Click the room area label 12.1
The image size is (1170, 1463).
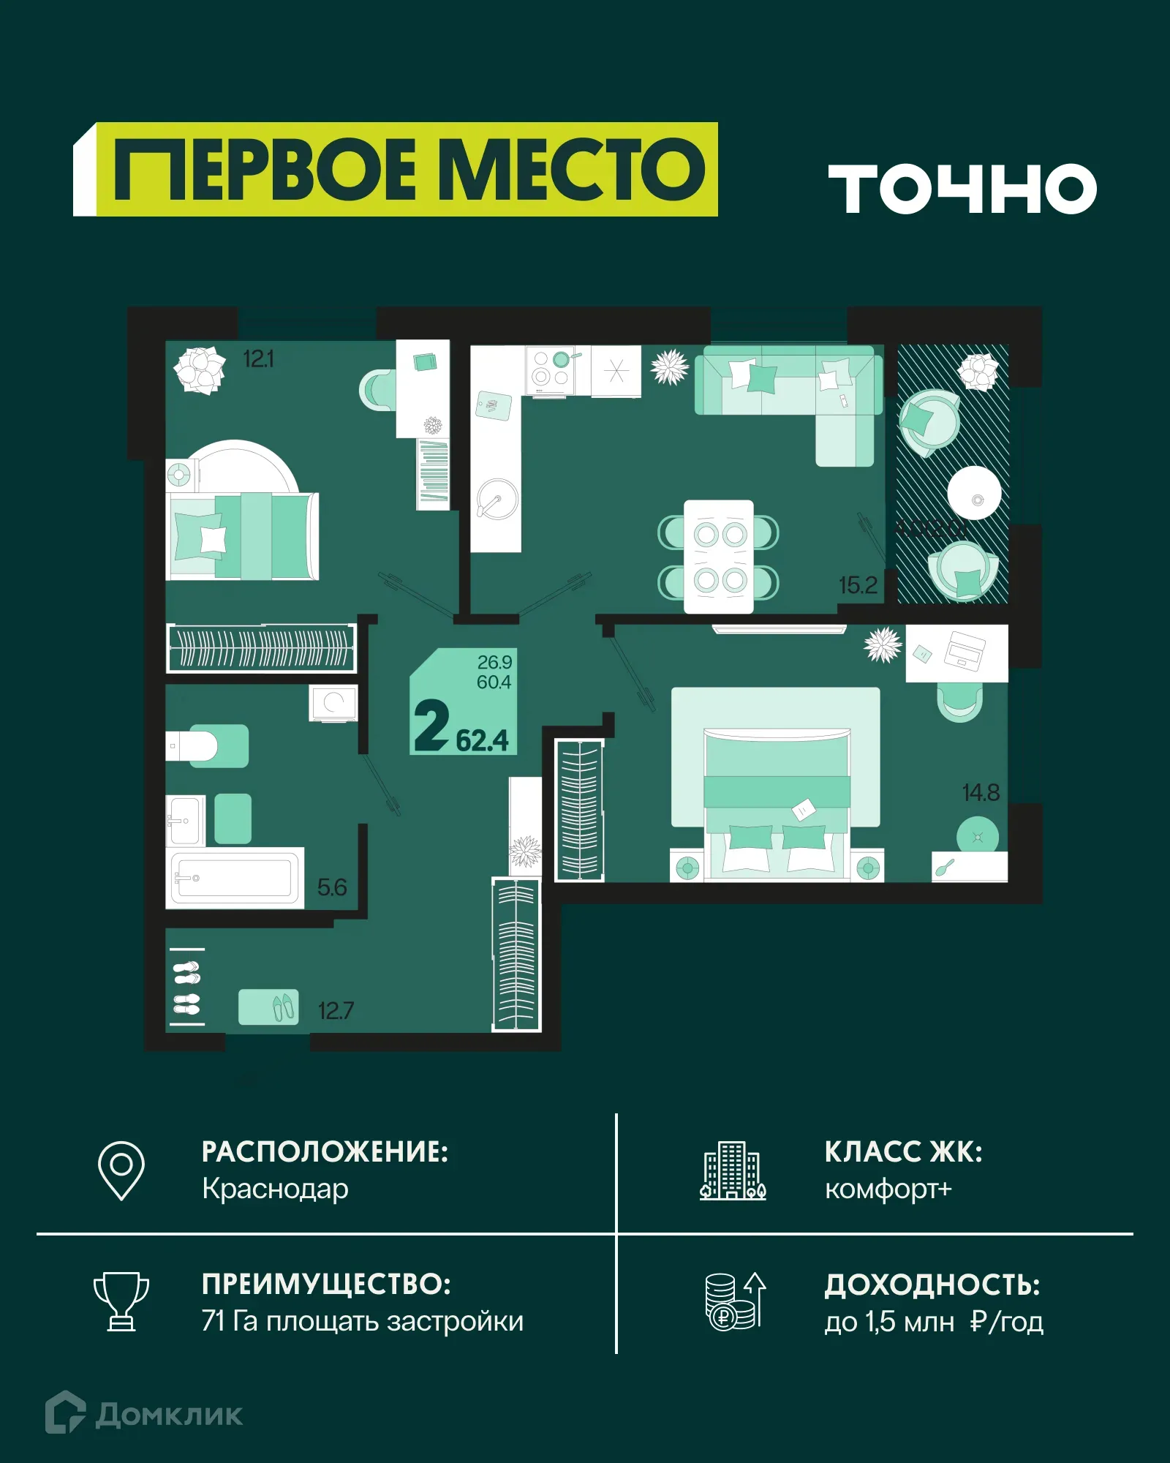click(x=258, y=359)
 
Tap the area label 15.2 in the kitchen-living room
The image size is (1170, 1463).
click(x=858, y=585)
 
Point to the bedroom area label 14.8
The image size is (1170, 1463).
click(x=980, y=792)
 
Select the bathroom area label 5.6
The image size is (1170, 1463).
click(x=331, y=887)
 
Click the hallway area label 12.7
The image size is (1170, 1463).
click(x=336, y=1011)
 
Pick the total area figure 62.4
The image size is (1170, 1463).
click(x=482, y=740)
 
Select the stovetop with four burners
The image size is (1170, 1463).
click(x=551, y=369)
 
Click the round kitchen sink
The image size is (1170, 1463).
click(x=497, y=500)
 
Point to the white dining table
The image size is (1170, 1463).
click(x=718, y=557)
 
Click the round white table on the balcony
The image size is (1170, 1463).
click(x=974, y=493)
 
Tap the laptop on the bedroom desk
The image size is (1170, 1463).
click(x=965, y=650)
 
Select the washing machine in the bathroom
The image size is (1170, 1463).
click(x=333, y=703)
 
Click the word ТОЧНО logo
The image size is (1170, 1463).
click(x=962, y=188)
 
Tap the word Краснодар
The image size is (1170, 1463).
click(x=275, y=1189)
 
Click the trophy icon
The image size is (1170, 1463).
click(x=121, y=1301)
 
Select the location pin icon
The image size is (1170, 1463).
click(x=121, y=1170)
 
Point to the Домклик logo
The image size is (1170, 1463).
click(x=144, y=1413)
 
